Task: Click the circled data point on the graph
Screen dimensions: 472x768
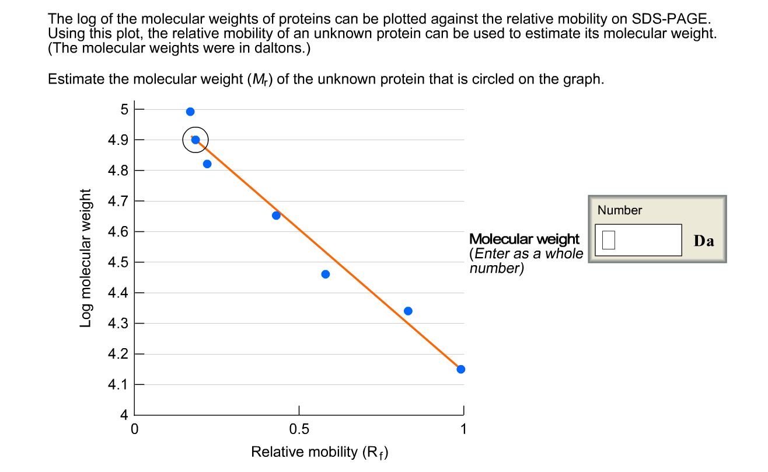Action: (196, 140)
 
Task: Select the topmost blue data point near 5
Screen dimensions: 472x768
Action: (190, 112)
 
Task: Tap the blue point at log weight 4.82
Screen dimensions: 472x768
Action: (207, 164)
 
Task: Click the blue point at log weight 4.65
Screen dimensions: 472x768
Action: (276, 216)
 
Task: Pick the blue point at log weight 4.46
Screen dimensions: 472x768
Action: (326, 274)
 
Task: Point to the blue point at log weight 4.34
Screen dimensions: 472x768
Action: (408, 311)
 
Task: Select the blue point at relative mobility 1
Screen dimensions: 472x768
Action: (461, 369)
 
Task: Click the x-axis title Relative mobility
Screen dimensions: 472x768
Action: (319, 452)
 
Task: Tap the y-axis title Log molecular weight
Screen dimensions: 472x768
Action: (86, 258)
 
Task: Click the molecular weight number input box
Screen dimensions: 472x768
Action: (638, 240)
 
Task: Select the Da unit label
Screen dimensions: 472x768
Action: (704, 241)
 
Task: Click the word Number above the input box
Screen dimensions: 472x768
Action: (620, 210)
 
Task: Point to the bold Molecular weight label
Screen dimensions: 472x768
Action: (525, 239)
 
